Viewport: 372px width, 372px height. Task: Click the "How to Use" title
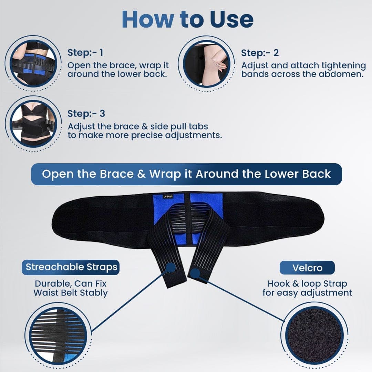(x=187, y=20)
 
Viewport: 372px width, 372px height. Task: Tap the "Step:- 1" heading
(x=85, y=53)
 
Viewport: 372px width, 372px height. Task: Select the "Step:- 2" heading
(x=260, y=53)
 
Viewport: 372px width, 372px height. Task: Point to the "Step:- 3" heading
(x=86, y=113)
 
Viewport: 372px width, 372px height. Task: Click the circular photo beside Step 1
(x=33, y=63)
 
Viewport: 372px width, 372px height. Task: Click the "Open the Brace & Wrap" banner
(x=186, y=174)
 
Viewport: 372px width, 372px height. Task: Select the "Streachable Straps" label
(x=71, y=267)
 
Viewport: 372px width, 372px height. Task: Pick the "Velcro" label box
(x=307, y=268)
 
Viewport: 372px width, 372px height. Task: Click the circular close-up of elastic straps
(x=56, y=336)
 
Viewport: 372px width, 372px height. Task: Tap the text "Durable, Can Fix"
(x=71, y=284)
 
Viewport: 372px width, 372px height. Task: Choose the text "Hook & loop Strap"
(x=307, y=284)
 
